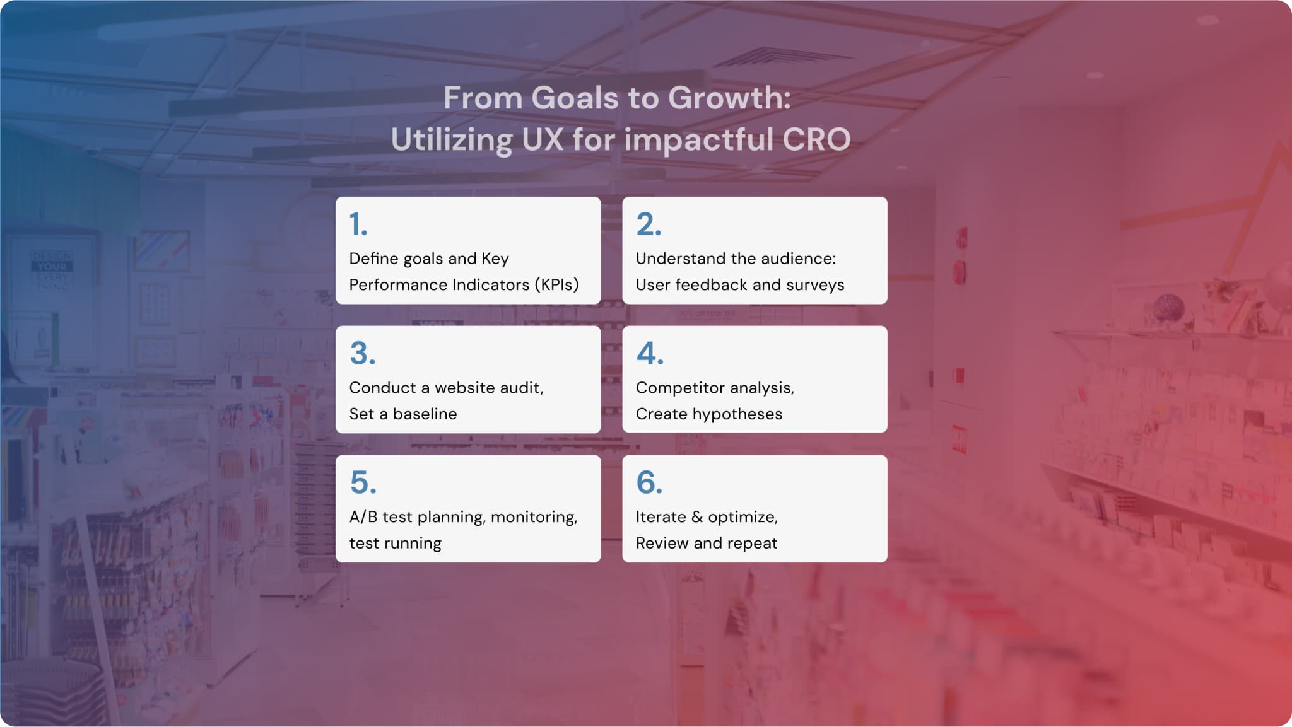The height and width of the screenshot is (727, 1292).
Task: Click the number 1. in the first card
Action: click(x=358, y=224)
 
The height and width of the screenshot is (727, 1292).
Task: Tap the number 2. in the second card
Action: click(x=649, y=224)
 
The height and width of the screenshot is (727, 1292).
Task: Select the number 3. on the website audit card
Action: click(x=363, y=354)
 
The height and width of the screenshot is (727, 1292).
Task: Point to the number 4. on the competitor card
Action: click(x=650, y=354)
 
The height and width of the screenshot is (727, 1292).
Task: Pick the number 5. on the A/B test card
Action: click(x=363, y=483)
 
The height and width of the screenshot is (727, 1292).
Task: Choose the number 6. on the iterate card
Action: click(x=649, y=483)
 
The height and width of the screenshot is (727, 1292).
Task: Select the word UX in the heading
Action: click(x=543, y=139)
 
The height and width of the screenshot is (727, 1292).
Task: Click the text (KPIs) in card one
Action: click(x=556, y=285)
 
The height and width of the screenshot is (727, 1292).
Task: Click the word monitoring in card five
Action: click(x=534, y=518)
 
